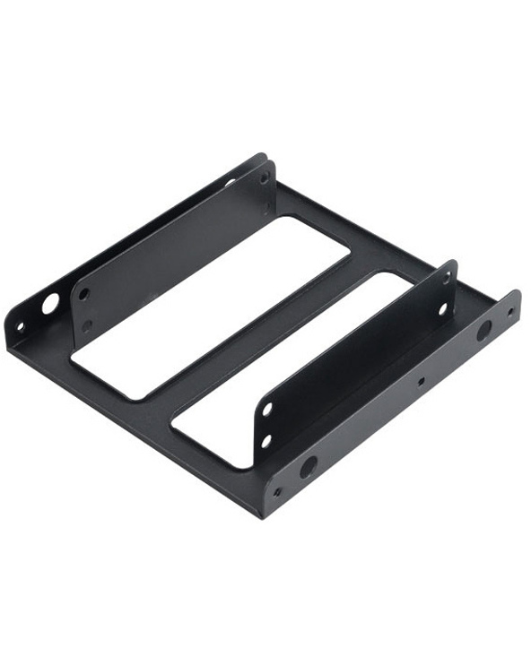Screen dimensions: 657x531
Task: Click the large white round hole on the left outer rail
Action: tap(50, 304)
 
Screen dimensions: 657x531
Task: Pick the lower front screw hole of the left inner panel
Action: tap(87, 325)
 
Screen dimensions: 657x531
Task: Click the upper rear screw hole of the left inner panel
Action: tap(265, 178)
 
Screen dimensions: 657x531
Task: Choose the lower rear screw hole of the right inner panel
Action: tap(442, 308)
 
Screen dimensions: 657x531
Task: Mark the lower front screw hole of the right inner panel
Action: tap(266, 440)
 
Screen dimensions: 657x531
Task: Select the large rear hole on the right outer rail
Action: tap(483, 331)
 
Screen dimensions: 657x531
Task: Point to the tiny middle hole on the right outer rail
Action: tap(421, 379)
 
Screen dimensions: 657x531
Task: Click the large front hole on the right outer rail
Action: tap(309, 466)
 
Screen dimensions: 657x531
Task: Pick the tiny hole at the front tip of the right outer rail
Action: tap(277, 491)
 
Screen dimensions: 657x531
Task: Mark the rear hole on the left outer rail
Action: tap(230, 182)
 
